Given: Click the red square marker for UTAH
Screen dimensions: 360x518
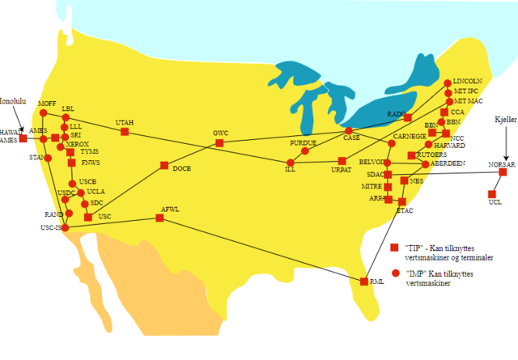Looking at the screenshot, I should [125, 131].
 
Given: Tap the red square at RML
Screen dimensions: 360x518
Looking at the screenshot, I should [363, 282].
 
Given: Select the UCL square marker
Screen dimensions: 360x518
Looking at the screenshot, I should [491, 193].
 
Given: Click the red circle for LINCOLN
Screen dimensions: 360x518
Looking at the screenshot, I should [447, 83].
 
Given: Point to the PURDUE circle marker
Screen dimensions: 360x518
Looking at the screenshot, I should [305, 150].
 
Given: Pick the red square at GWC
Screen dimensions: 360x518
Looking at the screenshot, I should [219, 143].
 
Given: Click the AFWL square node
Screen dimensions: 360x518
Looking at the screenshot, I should [159, 218].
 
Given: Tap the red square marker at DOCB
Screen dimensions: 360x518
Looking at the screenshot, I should [164, 166].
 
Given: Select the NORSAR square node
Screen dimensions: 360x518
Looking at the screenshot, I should [503, 172].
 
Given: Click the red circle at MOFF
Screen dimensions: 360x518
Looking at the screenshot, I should [44, 113].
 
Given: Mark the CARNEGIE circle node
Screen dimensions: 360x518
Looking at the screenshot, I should [392, 143].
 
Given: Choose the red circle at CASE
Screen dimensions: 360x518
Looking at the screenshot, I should [349, 130].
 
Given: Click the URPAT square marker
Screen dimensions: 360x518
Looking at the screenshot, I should [342, 161].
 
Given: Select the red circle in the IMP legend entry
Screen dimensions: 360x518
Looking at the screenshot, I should [395, 273].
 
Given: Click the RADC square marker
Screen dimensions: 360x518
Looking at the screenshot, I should [408, 118].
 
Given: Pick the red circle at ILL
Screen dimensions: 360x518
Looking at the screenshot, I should [291, 162].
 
